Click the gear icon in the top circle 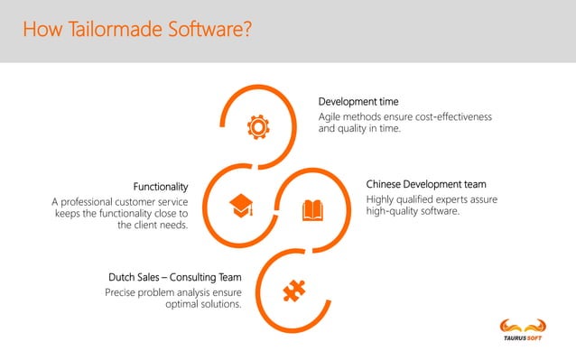point(257,128)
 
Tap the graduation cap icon point(241,205)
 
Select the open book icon point(312,210)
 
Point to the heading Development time point(358,101)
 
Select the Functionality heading point(161,187)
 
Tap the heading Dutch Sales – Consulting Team point(175,276)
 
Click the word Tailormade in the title point(116,32)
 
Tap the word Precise point(122,291)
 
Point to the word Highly point(383,198)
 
